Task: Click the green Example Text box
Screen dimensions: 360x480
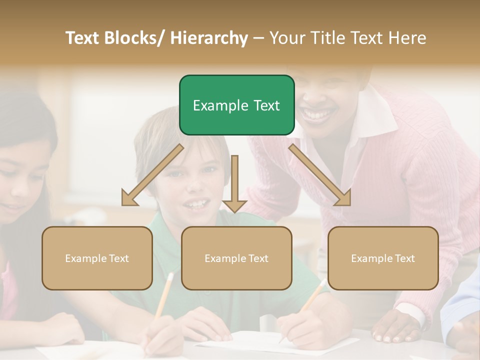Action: [236, 105]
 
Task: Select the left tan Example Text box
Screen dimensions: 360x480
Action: [97, 258]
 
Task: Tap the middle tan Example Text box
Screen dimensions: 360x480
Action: [236, 258]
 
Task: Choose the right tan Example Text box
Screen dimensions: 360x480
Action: [383, 258]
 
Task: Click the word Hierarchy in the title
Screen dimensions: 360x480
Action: [209, 38]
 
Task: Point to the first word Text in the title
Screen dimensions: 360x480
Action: [84, 38]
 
